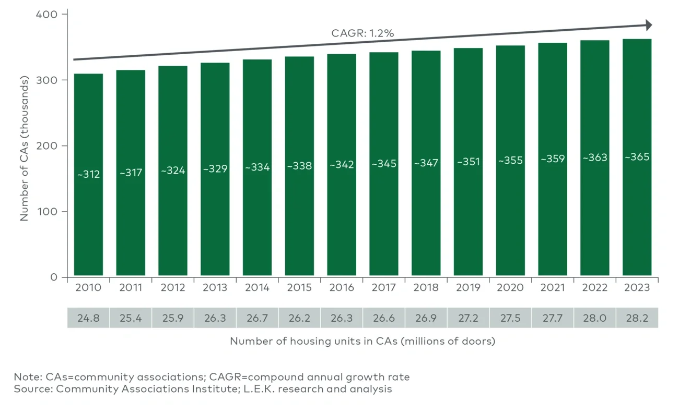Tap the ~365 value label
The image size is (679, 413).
(637, 156)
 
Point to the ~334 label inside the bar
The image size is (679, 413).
(257, 167)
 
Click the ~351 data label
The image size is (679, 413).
(468, 162)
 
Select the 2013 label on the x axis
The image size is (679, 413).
(215, 288)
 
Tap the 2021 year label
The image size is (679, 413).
(553, 288)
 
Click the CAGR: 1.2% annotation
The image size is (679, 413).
(362, 33)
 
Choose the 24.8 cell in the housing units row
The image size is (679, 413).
(88, 318)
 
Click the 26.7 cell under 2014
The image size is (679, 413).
(257, 318)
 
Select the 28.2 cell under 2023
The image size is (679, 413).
(637, 318)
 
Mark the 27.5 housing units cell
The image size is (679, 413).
(510, 318)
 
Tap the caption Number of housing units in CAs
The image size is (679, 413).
(362, 342)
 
